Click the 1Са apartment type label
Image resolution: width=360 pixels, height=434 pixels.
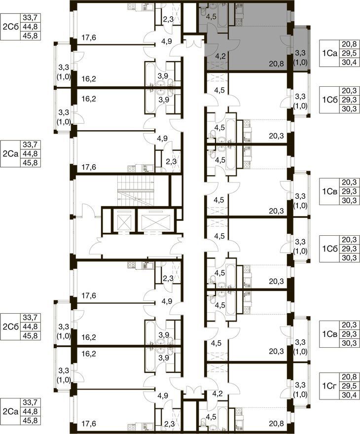tap(329, 53)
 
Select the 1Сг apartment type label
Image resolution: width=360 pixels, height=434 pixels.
tap(329, 386)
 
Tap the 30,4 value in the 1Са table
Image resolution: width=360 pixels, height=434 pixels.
tap(349, 62)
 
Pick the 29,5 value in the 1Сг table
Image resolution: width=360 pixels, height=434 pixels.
tap(349, 386)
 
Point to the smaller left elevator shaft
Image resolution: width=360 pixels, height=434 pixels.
tap(122, 220)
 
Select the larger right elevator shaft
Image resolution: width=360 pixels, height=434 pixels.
tap(153, 220)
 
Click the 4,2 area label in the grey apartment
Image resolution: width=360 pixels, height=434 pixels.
tap(220, 56)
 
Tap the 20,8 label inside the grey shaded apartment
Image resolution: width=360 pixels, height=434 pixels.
tap(276, 64)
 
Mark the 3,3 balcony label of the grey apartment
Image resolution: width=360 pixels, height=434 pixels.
tap(300, 53)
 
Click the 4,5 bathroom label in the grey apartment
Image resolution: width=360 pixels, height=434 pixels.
tap(212, 16)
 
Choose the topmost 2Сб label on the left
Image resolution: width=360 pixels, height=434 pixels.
tap(10, 27)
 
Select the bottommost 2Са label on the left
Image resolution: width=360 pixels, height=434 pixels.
tap(10, 411)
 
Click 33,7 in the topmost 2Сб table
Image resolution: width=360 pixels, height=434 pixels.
tap(30, 18)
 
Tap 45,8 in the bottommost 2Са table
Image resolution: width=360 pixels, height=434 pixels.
tap(30, 420)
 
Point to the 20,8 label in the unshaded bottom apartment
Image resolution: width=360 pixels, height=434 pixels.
tap(276, 423)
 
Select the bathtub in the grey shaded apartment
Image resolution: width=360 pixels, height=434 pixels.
tap(222, 16)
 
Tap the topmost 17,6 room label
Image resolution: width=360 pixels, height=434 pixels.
tap(89, 37)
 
